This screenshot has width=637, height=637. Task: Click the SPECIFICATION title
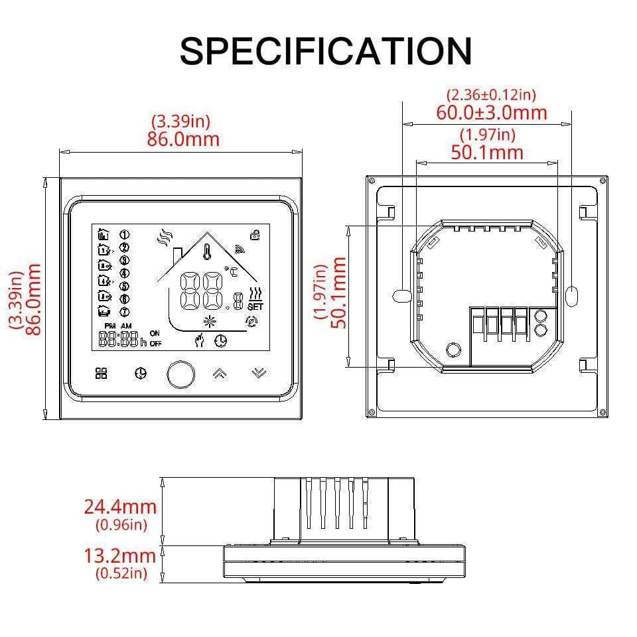pos(325,50)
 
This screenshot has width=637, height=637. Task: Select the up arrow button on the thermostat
pos(219,374)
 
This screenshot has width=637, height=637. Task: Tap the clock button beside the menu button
pos(140,374)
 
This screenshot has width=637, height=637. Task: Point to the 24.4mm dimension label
pos(120,507)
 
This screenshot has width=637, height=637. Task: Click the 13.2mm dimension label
pos(120,555)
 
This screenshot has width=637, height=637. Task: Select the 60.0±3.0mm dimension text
pos(491,112)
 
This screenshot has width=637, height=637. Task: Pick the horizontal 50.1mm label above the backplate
pos(487,152)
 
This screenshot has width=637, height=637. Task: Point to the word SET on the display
pos(255,307)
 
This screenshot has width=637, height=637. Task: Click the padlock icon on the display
pos(255,234)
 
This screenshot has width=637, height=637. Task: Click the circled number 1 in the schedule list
pos(124,234)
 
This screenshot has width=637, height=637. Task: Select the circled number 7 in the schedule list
pos(124,312)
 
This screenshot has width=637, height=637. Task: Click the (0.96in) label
pos(120,526)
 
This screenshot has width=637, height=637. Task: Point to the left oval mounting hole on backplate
pos(401,295)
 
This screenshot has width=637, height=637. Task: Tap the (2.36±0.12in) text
pos(491,96)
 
